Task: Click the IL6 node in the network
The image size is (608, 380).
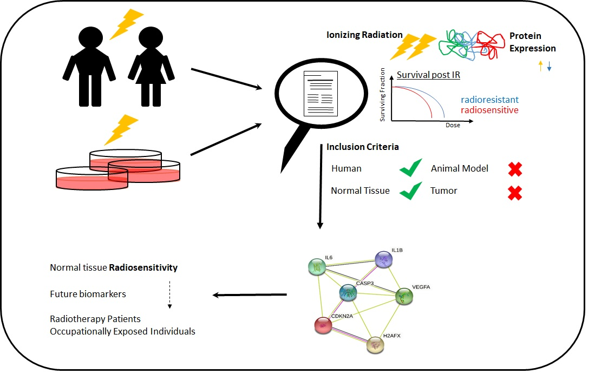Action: pos(317,267)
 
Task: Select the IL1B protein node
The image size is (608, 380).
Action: pos(384,260)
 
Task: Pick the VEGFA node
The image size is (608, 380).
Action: pos(404,296)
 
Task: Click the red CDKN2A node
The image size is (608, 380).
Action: pos(323,325)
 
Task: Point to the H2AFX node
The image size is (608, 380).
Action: pos(375,345)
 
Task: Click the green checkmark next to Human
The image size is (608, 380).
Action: pos(411,169)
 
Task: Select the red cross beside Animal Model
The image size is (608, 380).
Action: pos(515,169)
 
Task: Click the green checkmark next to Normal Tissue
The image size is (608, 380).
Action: pos(411,191)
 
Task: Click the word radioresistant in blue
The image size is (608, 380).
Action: pos(489,100)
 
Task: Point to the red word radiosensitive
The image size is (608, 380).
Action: pos(489,110)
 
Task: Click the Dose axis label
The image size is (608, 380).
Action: pos(453,126)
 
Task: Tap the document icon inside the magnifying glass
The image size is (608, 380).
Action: pos(319,93)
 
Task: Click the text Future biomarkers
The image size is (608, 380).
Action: pos(88,294)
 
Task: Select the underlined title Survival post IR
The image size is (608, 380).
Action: pos(428,75)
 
